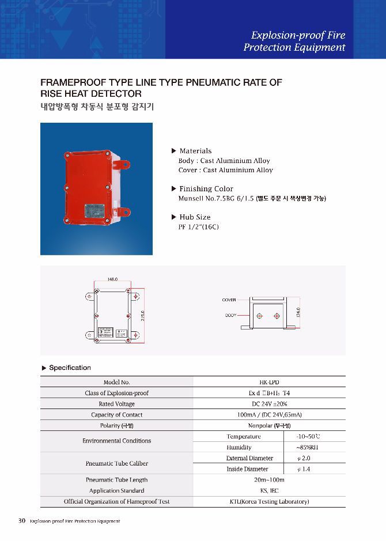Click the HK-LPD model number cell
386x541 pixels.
269,382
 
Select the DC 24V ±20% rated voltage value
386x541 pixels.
269,404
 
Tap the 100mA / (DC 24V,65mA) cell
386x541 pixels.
269,415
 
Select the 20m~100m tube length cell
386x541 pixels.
269,480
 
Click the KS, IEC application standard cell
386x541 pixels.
269,491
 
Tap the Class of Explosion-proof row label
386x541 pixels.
116,393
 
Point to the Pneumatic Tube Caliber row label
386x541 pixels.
116,463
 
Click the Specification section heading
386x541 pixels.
70,368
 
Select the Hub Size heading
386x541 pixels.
195,217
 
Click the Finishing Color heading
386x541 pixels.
206,189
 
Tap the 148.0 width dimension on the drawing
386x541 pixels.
112,279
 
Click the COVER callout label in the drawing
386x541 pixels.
229,300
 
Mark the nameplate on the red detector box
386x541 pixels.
93,210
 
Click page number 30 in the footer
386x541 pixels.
22,521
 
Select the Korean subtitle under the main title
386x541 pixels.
97,107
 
